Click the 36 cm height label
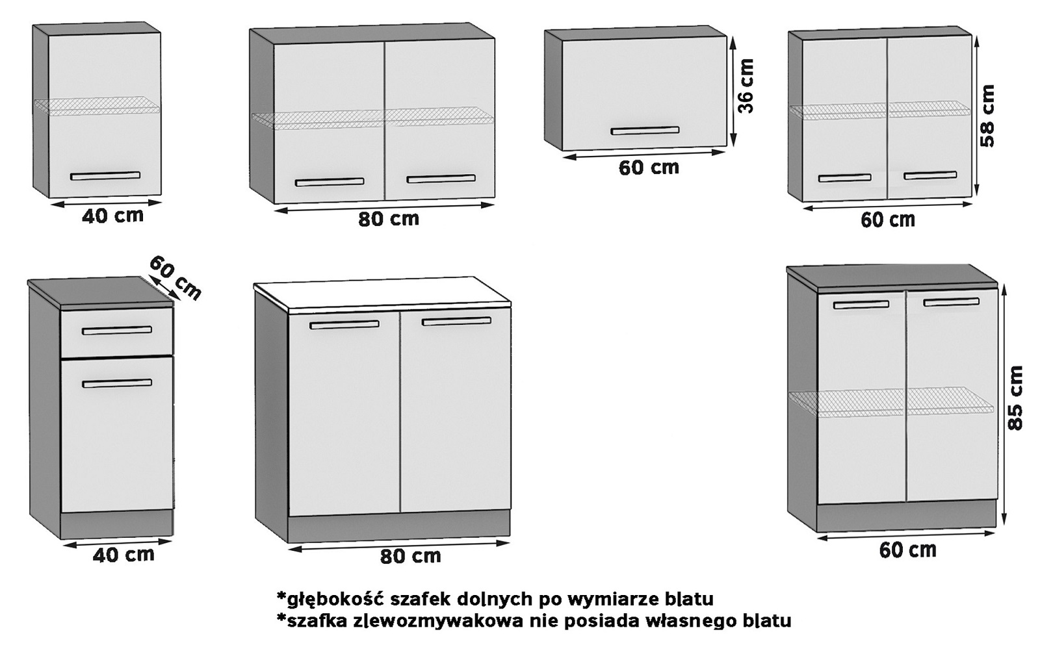click(x=747, y=86)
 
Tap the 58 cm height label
click(x=987, y=116)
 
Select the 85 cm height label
click(x=1015, y=398)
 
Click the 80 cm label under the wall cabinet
click(x=389, y=219)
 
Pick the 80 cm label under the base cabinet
click(x=410, y=556)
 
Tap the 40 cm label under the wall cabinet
click(x=113, y=216)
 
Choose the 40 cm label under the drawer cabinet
click(x=123, y=554)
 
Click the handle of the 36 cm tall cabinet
click(x=645, y=131)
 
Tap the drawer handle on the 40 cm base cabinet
click(x=117, y=331)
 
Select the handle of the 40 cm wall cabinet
click(x=105, y=175)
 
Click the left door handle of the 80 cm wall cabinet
click(x=330, y=182)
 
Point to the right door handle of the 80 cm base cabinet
click(x=457, y=321)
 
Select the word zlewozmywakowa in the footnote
click(x=446, y=621)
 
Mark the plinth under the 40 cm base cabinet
click(x=117, y=524)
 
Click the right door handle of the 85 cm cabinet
click(x=951, y=302)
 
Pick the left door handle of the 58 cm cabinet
click(x=844, y=177)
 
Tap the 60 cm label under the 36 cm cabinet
click(x=649, y=168)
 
